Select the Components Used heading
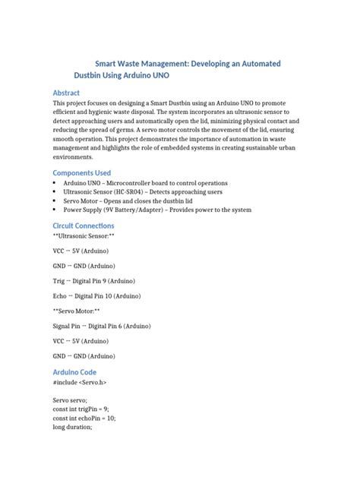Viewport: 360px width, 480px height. [82, 172]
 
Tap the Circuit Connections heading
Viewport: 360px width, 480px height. [84, 226]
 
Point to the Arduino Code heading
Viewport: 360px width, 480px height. [74, 372]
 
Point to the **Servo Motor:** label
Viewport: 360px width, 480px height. [77, 311]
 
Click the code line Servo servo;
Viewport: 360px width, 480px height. [70, 399]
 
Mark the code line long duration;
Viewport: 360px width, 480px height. [72, 427]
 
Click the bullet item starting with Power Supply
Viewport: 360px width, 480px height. [156, 210]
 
